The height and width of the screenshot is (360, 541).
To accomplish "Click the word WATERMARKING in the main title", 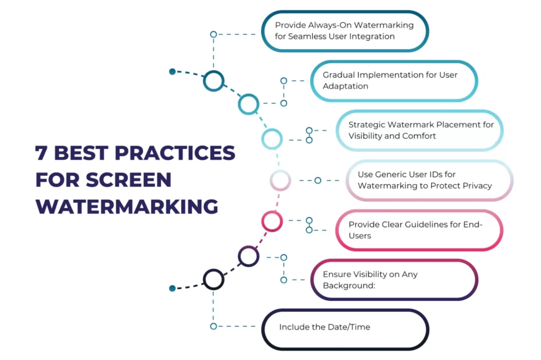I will tap(127, 206).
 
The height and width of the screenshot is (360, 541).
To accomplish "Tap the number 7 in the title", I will tap(41, 153).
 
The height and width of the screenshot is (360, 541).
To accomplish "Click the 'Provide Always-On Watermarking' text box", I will tap(345, 31).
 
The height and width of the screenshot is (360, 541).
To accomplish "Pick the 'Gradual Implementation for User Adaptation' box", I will tap(394, 81).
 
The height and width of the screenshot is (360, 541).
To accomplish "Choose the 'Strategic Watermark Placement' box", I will tap(419, 130).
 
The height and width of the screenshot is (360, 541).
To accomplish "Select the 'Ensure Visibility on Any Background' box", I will tap(394, 280).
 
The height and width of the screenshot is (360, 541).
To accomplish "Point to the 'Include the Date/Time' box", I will tap(345, 329).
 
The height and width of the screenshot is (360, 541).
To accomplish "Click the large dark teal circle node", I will tap(214, 81).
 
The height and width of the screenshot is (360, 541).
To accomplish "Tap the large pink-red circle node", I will tap(272, 221).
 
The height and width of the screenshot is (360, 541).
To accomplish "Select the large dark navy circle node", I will tap(214, 279).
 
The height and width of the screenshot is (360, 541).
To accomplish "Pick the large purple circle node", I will tap(248, 256).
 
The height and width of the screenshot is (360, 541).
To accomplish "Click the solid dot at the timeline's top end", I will tap(172, 72).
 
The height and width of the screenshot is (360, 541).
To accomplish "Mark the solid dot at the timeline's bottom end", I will tap(172, 288).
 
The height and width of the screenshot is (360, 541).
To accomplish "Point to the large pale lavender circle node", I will tap(281, 181).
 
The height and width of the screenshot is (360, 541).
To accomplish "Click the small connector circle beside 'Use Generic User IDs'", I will tap(318, 181).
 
